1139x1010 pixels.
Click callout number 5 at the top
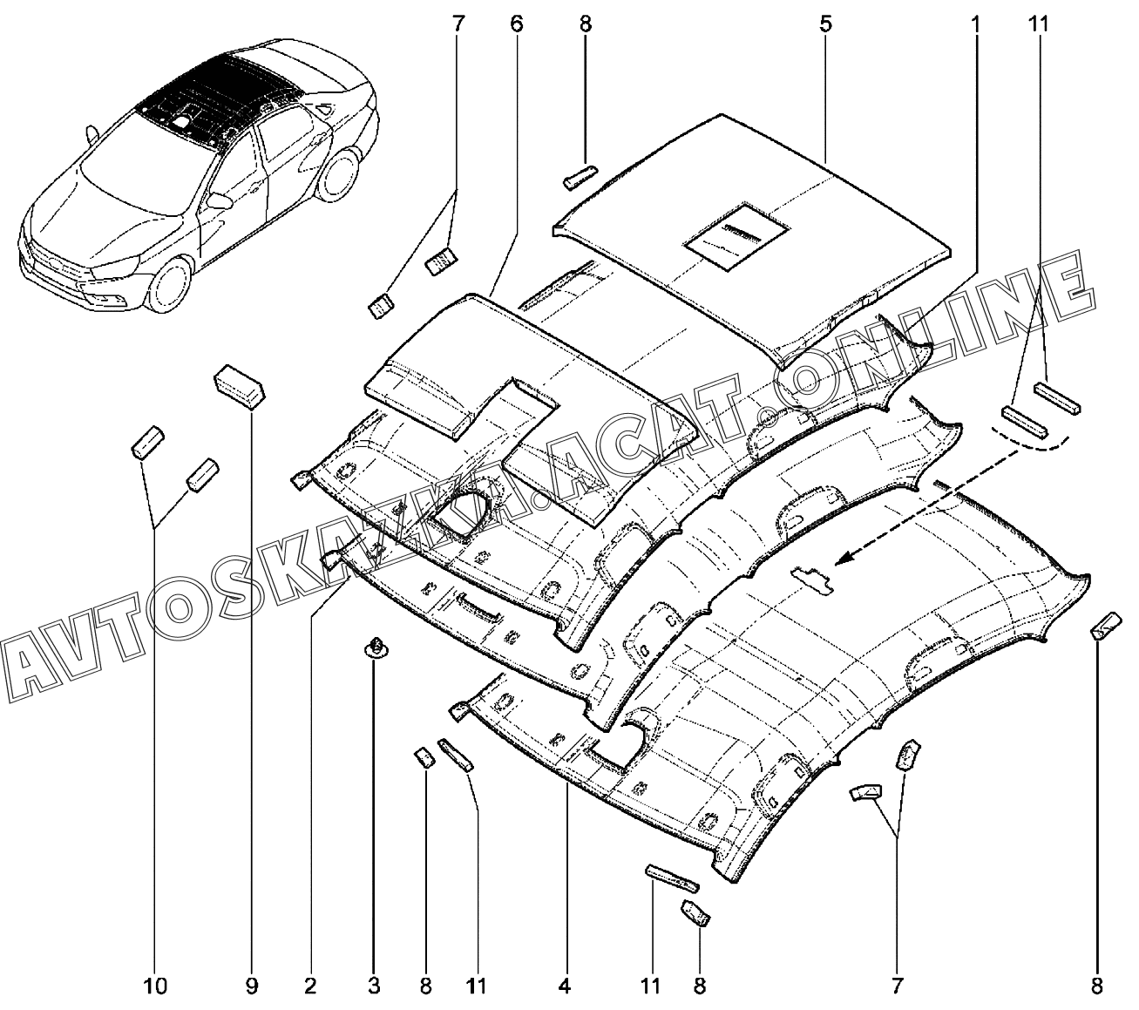(x=825, y=24)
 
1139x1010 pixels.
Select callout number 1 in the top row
(x=975, y=24)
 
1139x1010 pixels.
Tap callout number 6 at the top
(x=516, y=24)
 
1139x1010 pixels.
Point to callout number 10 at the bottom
(x=155, y=986)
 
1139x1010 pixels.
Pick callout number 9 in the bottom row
(x=251, y=986)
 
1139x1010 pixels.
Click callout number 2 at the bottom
(x=309, y=986)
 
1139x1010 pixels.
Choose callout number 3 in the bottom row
(x=374, y=986)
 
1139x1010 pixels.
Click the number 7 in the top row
(x=458, y=24)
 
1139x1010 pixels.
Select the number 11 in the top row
(x=1037, y=24)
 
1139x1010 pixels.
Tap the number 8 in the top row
(x=585, y=24)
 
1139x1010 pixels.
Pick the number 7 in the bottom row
(x=897, y=986)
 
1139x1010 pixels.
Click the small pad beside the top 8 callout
(x=580, y=177)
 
